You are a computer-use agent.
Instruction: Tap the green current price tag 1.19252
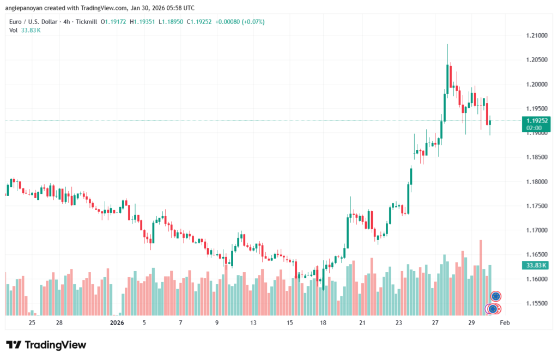(536, 120)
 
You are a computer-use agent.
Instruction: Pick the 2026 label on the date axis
(117, 323)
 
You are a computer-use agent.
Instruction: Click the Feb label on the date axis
(505, 323)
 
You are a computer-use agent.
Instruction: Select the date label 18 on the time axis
(323, 323)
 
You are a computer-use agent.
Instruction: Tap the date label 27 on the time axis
(435, 323)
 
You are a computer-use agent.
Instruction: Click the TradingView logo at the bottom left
(46, 345)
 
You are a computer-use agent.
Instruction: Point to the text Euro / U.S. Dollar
(34, 22)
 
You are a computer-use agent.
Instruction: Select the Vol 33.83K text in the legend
(25, 30)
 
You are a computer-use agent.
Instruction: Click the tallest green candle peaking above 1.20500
(447, 76)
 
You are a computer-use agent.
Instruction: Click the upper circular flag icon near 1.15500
(495, 296)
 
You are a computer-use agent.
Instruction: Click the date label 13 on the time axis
(253, 323)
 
